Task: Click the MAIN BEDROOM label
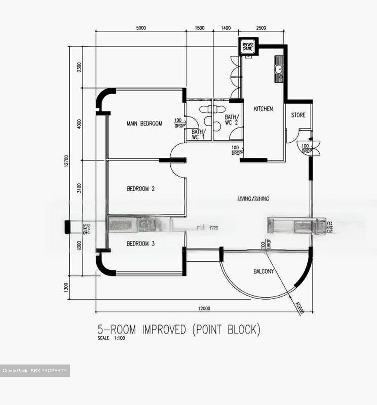pyautogui.click(x=144, y=123)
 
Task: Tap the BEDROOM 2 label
pyautogui.click(x=140, y=189)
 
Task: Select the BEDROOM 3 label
pyautogui.click(x=140, y=244)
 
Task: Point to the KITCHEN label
pyautogui.click(x=263, y=109)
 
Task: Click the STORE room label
pyautogui.click(x=298, y=115)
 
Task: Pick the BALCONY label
pyautogui.click(x=264, y=271)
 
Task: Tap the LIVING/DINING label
pyautogui.click(x=253, y=199)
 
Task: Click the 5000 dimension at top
pyautogui.click(x=141, y=28)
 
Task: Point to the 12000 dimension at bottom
pyautogui.click(x=204, y=309)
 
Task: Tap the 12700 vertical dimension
pyautogui.click(x=66, y=162)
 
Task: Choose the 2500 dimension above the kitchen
pyautogui.click(x=261, y=28)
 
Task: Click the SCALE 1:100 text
pyautogui.click(x=111, y=338)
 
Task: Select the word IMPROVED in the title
pyautogui.click(x=164, y=329)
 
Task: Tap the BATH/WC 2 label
pyautogui.click(x=231, y=120)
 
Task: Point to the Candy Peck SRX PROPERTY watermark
pyautogui.click(x=35, y=371)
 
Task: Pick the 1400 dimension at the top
pyautogui.click(x=226, y=28)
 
